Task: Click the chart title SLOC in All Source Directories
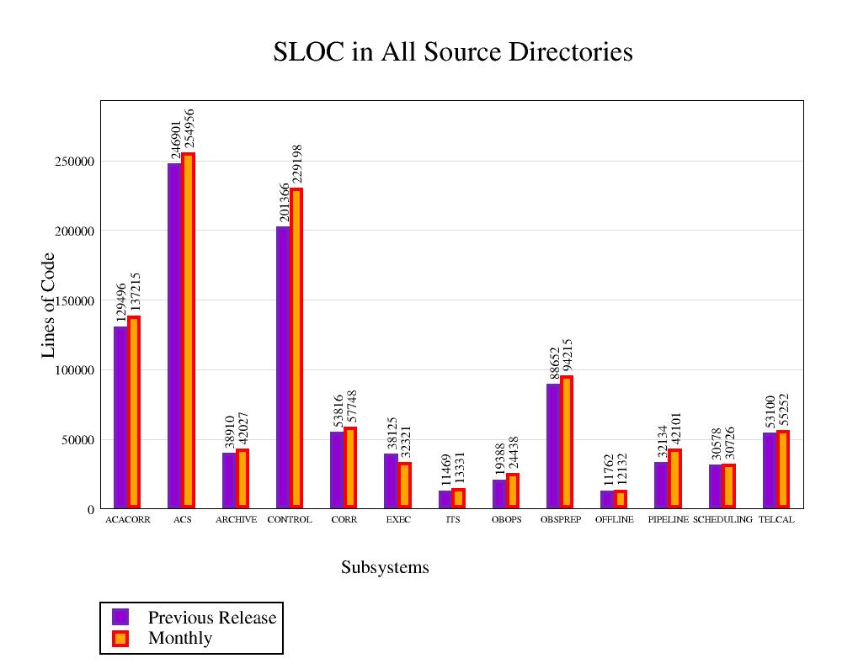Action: [453, 52]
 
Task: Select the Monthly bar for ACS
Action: [188, 330]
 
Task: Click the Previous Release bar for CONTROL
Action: [283, 367]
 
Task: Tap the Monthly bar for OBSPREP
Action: [567, 442]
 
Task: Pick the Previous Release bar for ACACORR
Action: [120, 417]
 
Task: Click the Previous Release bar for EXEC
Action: [391, 481]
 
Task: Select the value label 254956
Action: [189, 130]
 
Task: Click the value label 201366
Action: [284, 196]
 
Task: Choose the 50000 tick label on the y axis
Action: [77, 440]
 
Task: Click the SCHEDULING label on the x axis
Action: [722, 520]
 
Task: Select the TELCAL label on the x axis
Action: [776, 520]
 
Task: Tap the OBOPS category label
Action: [507, 520]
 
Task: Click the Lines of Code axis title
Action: [49, 305]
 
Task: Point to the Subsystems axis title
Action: [385, 568]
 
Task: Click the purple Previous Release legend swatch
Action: [120, 617]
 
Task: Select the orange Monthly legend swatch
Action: [120, 638]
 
